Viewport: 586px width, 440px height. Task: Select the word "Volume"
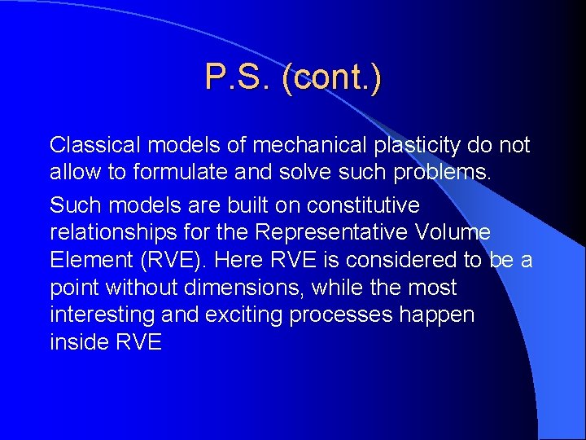pos(453,232)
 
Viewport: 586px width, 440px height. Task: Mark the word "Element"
pos(86,260)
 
